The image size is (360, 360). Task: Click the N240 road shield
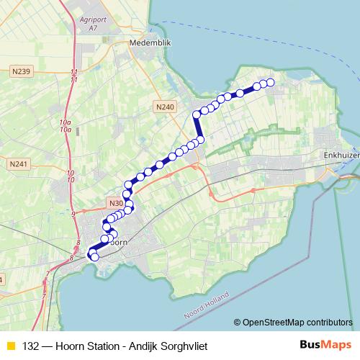click(x=165, y=107)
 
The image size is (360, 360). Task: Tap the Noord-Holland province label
click(x=207, y=305)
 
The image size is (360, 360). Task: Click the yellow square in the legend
click(x=10, y=346)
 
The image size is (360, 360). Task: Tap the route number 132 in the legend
click(x=31, y=346)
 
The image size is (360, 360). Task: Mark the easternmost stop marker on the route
click(x=271, y=83)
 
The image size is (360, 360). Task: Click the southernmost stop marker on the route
click(x=94, y=257)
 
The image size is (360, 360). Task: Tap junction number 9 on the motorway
click(x=73, y=214)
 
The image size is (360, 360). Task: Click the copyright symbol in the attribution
click(x=237, y=322)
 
